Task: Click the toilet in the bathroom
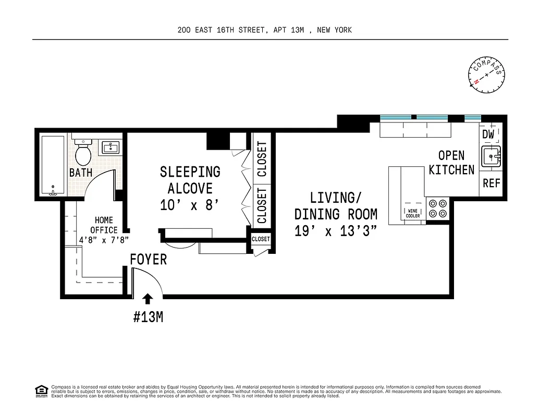point(82,152)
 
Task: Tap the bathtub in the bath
point(52,165)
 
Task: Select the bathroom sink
point(110,148)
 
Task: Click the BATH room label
point(81,173)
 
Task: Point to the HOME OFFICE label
point(104,225)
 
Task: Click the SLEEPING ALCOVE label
point(190,179)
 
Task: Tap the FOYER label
point(148,259)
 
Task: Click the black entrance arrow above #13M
point(148,298)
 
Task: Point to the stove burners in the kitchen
point(437,208)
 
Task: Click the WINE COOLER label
point(413,213)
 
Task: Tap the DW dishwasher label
point(488,134)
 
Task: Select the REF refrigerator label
point(491,183)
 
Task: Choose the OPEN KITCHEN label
point(451,162)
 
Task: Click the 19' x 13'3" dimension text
point(336,231)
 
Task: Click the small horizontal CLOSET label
point(261,239)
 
